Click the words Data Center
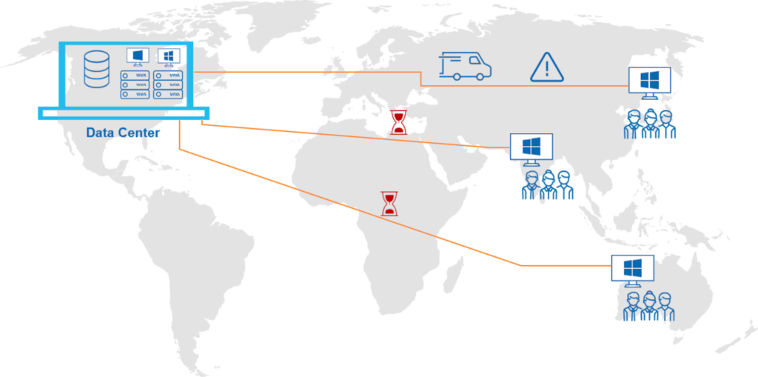pyautogui.click(x=123, y=132)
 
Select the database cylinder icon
pyautogui.click(x=97, y=69)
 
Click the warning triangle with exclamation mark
pyautogui.click(x=547, y=67)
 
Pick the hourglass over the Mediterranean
pyautogui.click(x=399, y=122)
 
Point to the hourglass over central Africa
pyautogui.click(x=389, y=203)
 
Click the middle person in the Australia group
pyautogui.click(x=648, y=307)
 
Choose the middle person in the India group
pyautogui.click(x=548, y=185)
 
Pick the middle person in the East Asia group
pyautogui.click(x=650, y=124)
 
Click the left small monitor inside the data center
pyautogui.click(x=137, y=57)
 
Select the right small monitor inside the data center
pyautogui.click(x=168, y=57)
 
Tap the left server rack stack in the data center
pyautogui.click(x=135, y=84)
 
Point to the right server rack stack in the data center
pyautogui.click(x=168, y=84)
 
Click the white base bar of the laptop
pyautogui.click(x=124, y=113)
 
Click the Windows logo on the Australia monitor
pyautogui.click(x=632, y=267)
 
